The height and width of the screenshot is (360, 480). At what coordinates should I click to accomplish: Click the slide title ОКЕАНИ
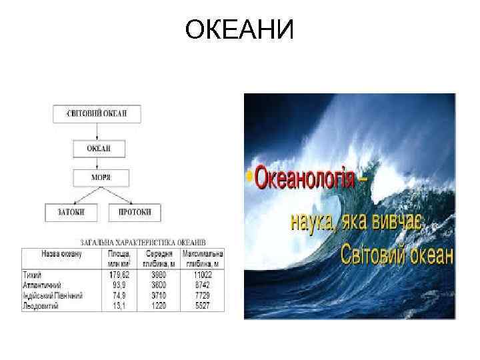(239, 30)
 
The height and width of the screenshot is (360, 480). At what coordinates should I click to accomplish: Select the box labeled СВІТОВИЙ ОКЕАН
(97, 113)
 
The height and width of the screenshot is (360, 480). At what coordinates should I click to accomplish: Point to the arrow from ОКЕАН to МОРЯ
(99, 163)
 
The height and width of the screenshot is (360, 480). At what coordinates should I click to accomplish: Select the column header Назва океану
(61, 255)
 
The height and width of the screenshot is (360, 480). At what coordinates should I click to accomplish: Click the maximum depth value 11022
(202, 275)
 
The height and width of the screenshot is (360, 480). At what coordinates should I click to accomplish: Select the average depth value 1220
(159, 305)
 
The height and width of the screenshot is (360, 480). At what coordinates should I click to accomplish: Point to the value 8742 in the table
(202, 285)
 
